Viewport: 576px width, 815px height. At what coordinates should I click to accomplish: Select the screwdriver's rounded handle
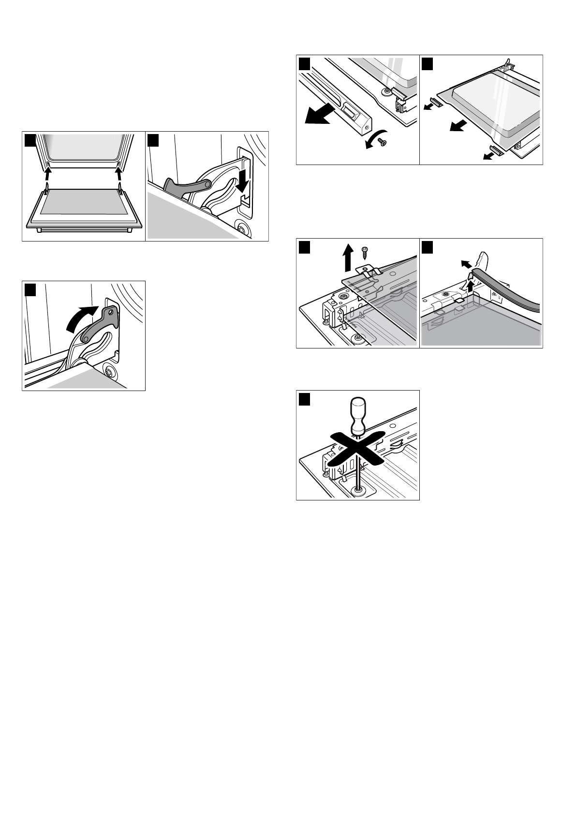coord(358,411)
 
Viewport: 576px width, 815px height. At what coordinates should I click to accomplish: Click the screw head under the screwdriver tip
coord(358,490)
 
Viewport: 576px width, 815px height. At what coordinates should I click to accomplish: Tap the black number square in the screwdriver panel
coord(304,399)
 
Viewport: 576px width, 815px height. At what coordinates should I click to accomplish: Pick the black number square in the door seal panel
coord(428,247)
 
